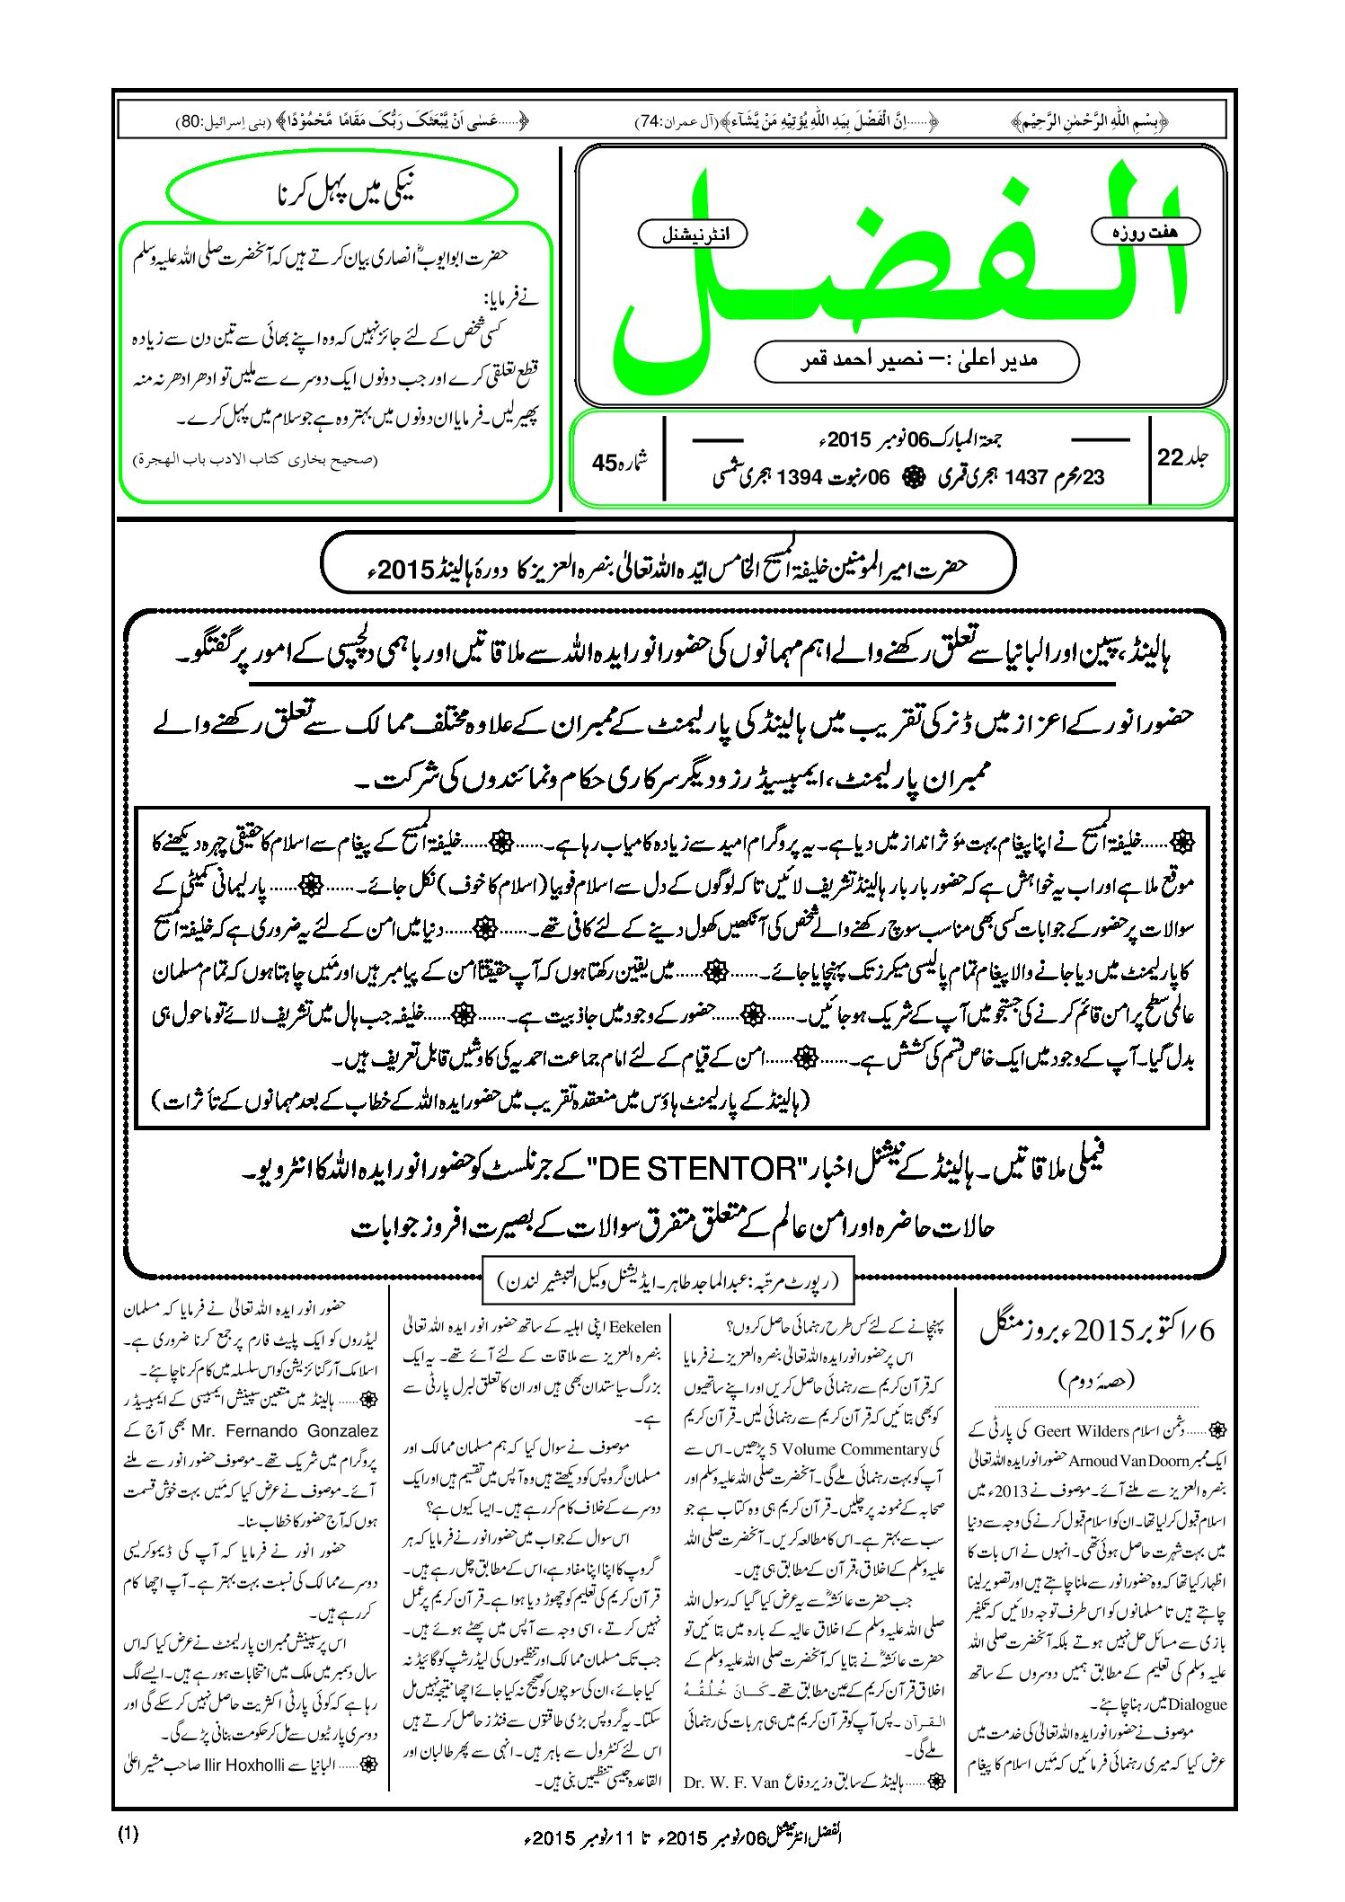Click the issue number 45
[x=605, y=463]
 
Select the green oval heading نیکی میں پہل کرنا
[x=342, y=192]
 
